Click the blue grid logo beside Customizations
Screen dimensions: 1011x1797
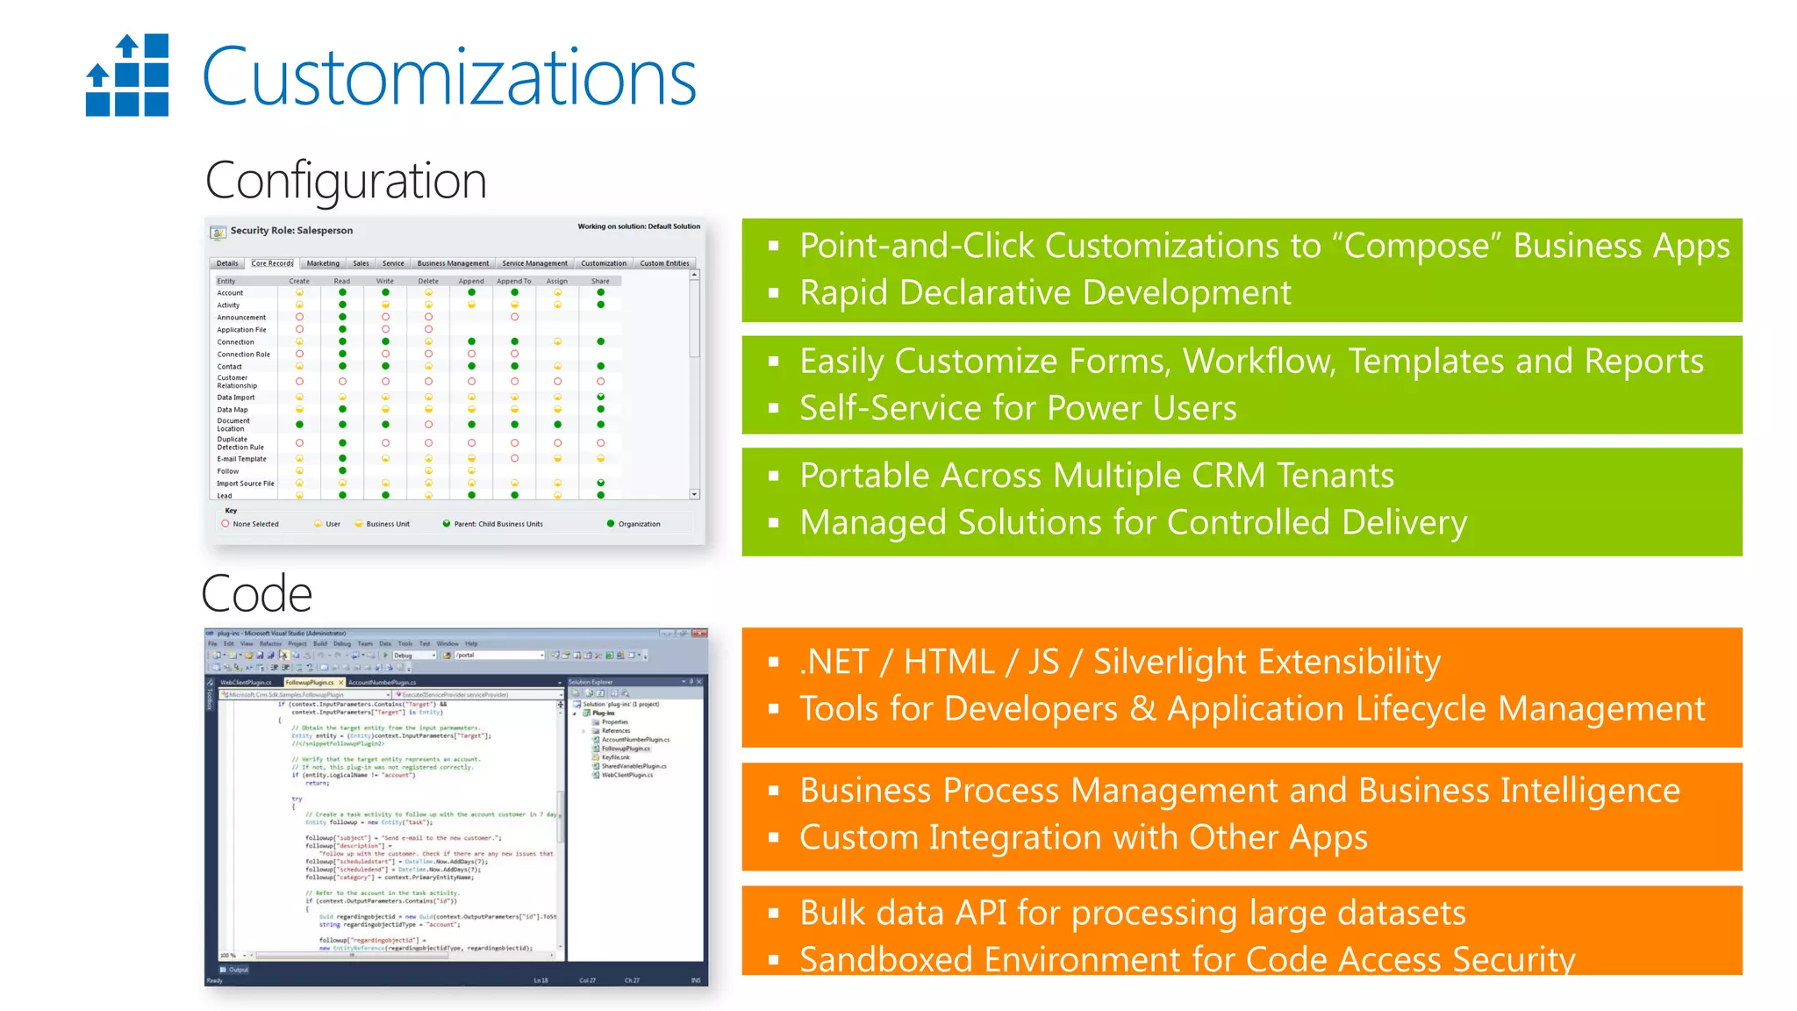pos(127,75)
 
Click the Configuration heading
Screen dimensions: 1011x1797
pos(346,181)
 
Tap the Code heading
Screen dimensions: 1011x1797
pos(256,594)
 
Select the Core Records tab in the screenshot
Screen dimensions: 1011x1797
pos(272,263)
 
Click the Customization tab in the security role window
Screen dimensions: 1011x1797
pos(604,263)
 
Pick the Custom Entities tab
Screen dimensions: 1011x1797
pos(664,263)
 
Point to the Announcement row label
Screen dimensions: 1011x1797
pos(241,318)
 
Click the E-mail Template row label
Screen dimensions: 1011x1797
pos(241,459)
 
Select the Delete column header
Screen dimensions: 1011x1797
pos(428,282)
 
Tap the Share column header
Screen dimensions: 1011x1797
pos(600,282)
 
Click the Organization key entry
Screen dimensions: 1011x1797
pos(639,524)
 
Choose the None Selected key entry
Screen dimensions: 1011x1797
pos(255,524)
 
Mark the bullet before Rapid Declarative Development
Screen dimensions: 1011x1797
pos(774,293)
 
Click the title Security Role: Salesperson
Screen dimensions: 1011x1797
pos(291,231)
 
